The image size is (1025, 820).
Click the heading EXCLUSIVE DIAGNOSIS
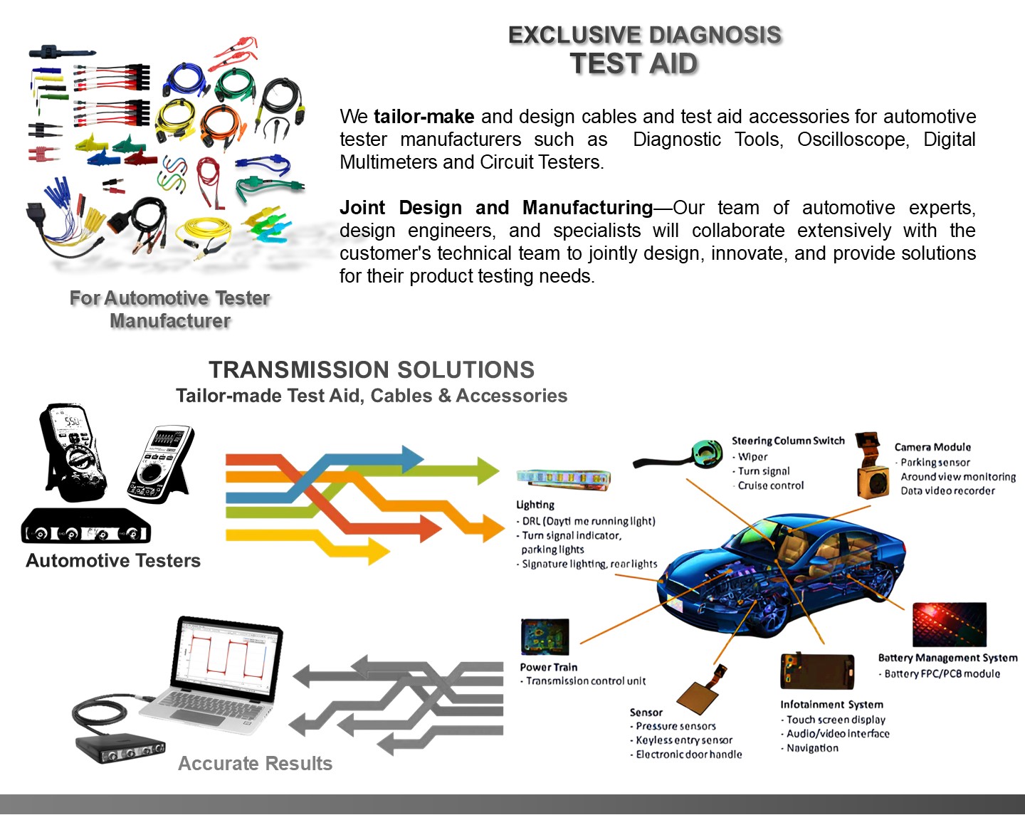coord(644,35)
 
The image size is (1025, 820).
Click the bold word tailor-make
coord(424,117)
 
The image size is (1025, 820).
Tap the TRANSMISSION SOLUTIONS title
coord(372,370)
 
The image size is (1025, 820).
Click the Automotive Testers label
coord(113,561)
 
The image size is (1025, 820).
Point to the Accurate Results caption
coord(255,764)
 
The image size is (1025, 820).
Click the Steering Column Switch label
coord(788,441)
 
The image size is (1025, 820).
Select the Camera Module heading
coord(932,447)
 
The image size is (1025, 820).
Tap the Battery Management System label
coord(947,658)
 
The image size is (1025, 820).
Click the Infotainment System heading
coord(831,705)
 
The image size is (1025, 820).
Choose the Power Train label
coord(548,667)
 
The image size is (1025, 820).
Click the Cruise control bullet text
coord(770,485)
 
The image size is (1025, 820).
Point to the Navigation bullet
coord(812,748)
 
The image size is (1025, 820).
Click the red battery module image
coord(949,624)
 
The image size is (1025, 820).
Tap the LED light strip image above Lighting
coord(563,479)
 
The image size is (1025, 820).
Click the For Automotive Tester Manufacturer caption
coord(170,310)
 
